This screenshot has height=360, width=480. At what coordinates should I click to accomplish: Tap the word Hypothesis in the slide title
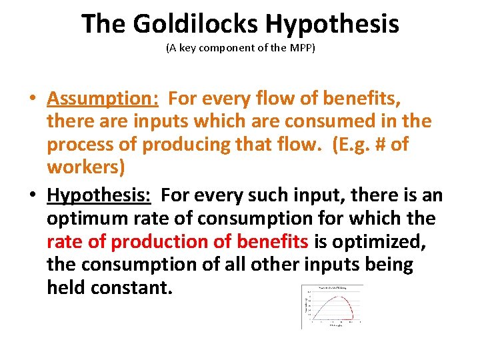pyautogui.click(x=332, y=25)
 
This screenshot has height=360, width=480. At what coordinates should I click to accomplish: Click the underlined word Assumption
pyautogui.click(x=102, y=99)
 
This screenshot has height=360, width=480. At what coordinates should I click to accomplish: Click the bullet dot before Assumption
pyautogui.click(x=32, y=99)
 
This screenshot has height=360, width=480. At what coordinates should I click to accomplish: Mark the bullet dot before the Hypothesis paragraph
pyautogui.click(x=32, y=195)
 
